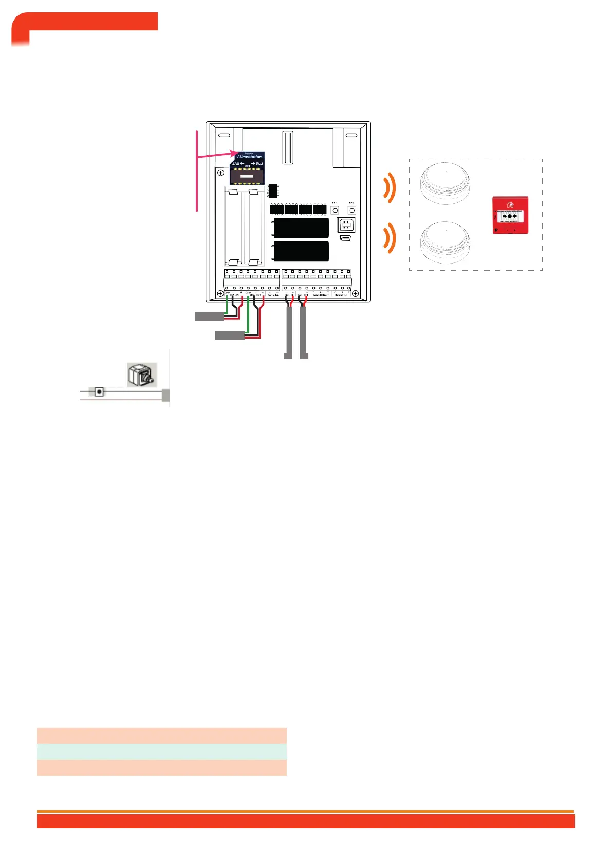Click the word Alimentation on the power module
point(249,157)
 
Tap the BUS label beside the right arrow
point(259,163)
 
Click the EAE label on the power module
point(236,163)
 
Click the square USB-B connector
point(346,225)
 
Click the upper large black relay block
point(301,228)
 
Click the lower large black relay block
point(301,251)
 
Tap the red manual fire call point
point(510,215)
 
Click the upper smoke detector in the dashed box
point(445,184)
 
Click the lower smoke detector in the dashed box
point(445,241)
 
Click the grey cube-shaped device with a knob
point(141,375)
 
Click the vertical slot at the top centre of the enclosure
point(287,147)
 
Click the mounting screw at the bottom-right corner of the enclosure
point(355,294)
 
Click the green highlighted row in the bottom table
point(161,751)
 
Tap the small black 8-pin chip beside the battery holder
point(273,191)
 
